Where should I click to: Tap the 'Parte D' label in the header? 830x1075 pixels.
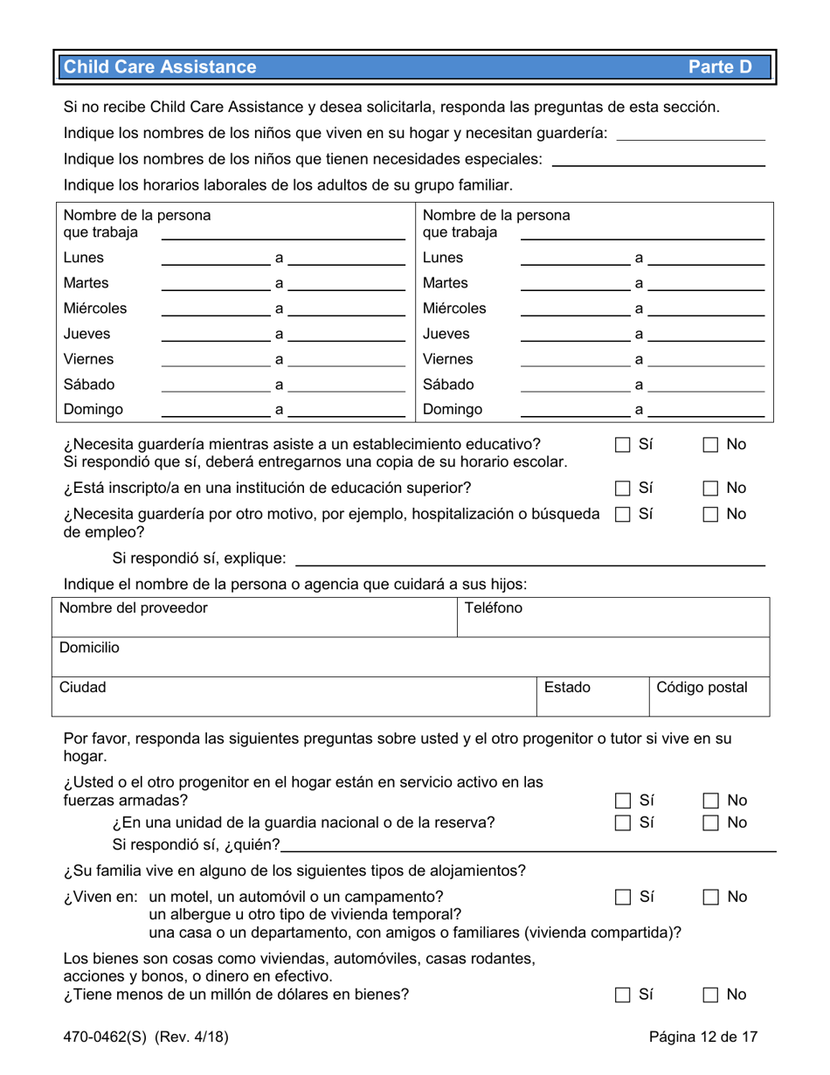719,67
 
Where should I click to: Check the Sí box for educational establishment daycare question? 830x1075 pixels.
623,445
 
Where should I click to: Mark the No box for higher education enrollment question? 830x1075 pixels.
710,488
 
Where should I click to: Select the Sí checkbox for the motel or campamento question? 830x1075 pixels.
623,897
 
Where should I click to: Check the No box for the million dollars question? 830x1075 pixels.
710,995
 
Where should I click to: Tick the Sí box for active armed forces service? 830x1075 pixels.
623,800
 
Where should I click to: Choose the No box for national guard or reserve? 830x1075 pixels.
710,822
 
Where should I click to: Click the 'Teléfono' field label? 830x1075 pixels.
494,608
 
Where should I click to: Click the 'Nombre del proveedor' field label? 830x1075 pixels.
133,608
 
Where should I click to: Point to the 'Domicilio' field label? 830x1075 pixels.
89,648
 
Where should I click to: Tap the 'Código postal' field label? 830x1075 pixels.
702,687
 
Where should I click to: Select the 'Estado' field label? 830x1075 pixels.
567,687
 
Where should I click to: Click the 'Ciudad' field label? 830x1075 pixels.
82,687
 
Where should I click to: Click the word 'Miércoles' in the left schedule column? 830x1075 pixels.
95,309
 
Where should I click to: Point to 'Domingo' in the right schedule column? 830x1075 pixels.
452,409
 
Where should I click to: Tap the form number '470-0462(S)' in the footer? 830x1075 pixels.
106,1037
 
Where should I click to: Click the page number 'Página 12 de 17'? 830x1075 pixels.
703,1037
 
